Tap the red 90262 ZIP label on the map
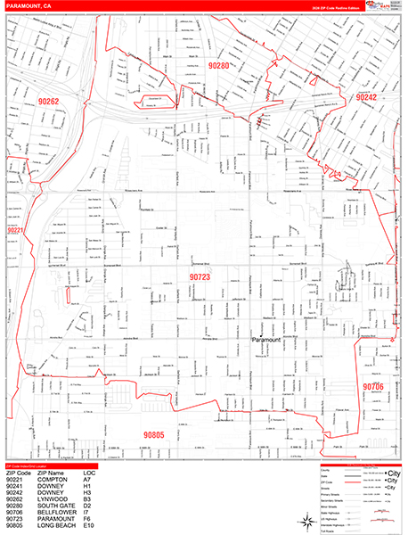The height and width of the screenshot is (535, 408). point(47,103)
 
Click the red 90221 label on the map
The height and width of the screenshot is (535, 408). point(18,231)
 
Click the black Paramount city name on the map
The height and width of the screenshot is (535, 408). point(266,340)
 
